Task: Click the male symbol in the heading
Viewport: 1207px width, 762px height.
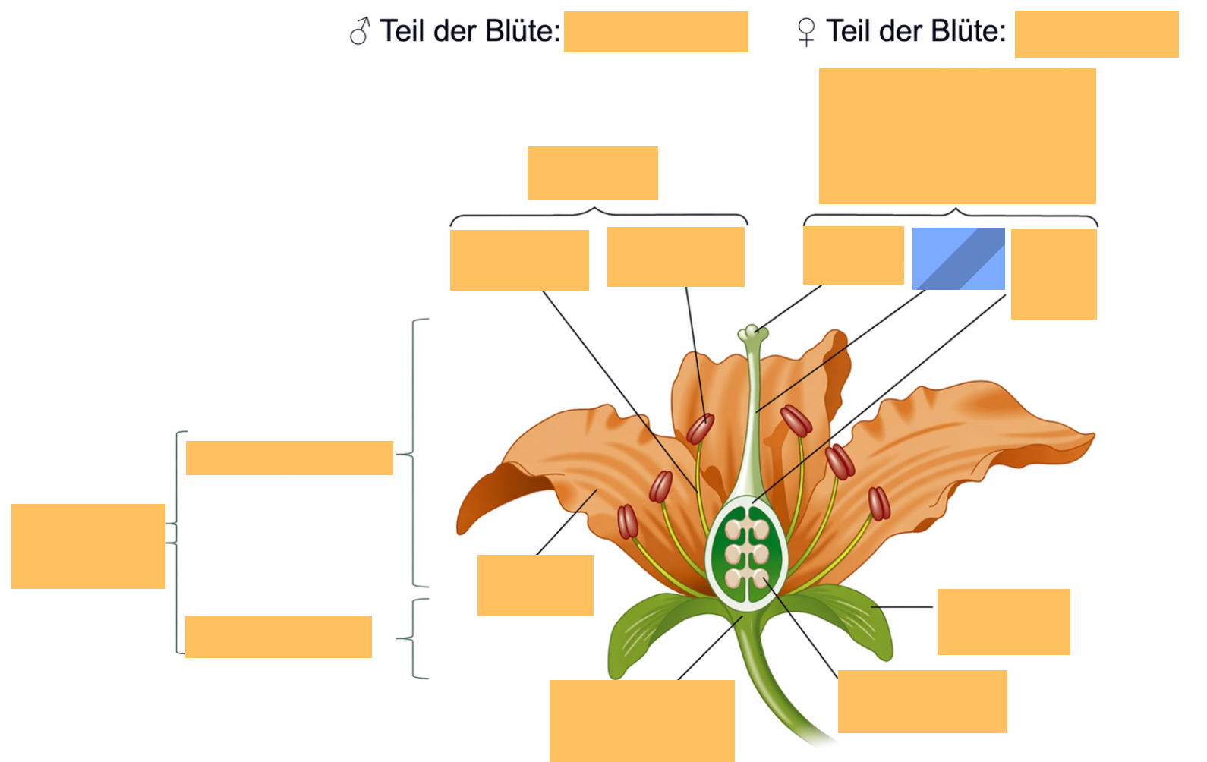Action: pos(360,30)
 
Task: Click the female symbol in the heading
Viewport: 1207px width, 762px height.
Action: pos(806,33)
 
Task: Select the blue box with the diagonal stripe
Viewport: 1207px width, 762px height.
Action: pos(958,259)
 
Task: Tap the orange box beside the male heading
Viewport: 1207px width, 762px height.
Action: pos(656,32)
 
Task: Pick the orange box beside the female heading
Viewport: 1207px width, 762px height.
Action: pos(1096,34)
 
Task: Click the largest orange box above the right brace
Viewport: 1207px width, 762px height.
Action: pos(957,136)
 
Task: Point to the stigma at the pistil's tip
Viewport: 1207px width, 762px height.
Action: pos(753,332)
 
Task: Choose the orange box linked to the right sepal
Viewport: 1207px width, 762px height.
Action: pos(1004,622)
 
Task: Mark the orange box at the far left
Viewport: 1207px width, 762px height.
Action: pos(88,546)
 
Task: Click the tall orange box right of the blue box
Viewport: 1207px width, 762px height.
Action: pos(1054,274)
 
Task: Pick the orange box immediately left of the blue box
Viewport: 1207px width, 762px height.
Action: pos(853,255)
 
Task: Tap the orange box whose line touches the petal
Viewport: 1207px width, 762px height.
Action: pos(535,585)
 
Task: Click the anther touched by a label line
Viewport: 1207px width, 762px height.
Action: pos(701,429)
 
